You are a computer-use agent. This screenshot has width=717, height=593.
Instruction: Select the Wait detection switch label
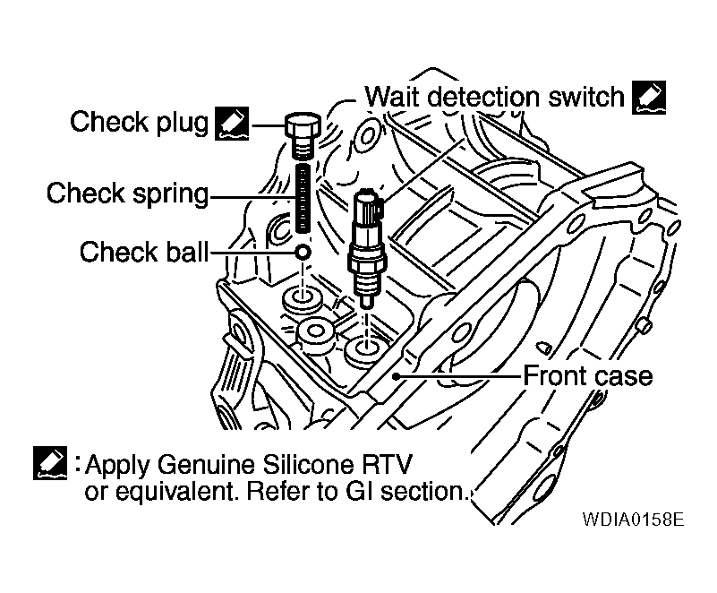pyautogui.click(x=494, y=96)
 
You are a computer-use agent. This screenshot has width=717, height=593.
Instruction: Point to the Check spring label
pyautogui.click(x=127, y=193)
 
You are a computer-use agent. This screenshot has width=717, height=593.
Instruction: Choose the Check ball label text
pyautogui.click(x=142, y=252)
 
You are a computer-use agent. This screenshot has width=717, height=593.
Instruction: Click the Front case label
pyautogui.click(x=587, y=374)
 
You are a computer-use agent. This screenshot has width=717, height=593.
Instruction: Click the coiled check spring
pyautogui.click(x=303, y=202)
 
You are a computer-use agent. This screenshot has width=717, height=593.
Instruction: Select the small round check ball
pyautogui.click(x=303, y=254)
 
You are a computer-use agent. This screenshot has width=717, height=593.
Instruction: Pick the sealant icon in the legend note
pyautogui.click(x=49, y=464)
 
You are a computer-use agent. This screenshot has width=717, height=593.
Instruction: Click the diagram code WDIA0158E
pyautogui.click(x=632, y=520)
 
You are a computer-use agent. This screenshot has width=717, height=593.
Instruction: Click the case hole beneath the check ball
pyautogui.click(x=302, y=298)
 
